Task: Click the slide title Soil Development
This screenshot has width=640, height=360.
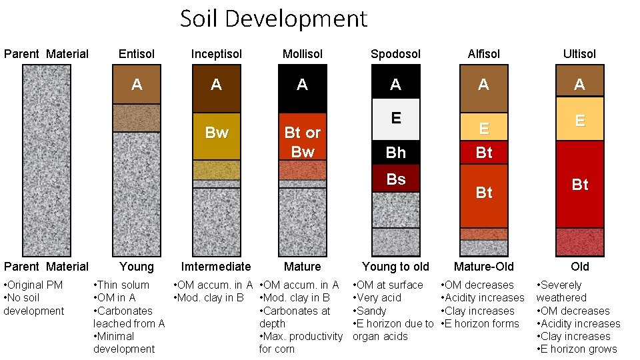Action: [x=273, y=19]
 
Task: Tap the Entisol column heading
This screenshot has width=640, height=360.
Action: [x=137, y=54]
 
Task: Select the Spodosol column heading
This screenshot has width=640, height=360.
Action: [x=395, y=54]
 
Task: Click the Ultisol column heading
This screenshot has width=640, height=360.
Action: [x=579, y=54]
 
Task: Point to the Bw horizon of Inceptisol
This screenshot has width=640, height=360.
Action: [x=216, y=133]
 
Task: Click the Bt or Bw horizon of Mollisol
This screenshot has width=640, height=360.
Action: [x=303, y=142]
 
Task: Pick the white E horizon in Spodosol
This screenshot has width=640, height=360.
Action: [x=396, y=119]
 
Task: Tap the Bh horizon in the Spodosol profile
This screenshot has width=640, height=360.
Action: [x=396, y=153]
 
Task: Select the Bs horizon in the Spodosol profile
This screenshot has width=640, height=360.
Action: [x=396, y=179]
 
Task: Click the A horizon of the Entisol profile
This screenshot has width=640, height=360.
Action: [x=137, y=85]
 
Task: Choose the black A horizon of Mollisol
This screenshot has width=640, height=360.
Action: [x=303, y=85]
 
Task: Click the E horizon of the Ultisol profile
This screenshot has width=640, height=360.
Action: [x=580, y=120]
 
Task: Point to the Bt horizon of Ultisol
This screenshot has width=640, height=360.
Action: [x=580, y=185]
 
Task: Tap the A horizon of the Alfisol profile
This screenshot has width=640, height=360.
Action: [x=484, y=85]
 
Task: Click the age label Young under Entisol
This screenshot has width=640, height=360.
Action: [x=137, y=267]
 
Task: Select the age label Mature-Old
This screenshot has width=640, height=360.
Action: [x=484, y=267]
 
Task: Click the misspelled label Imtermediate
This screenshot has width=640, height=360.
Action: [x=216, y=267]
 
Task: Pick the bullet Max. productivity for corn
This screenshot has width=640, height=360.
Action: [x=300, y=343]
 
